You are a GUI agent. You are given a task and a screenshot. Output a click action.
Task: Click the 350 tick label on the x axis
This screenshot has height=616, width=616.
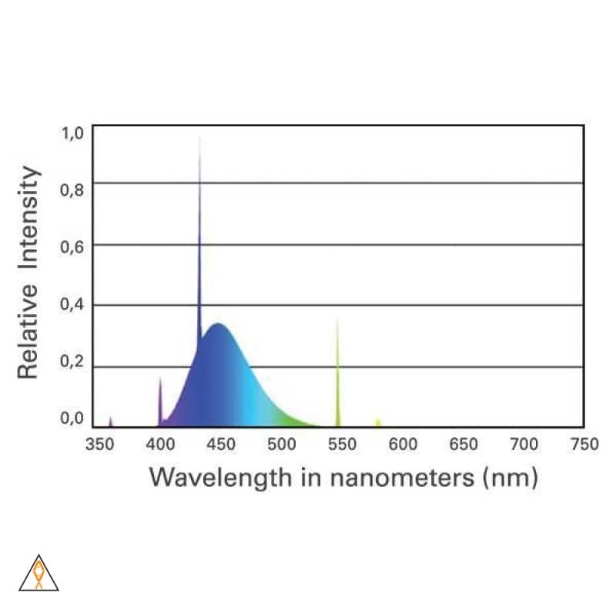(x=99, y=444)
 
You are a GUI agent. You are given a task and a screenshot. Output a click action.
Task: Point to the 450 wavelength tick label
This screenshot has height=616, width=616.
(x=220, y=444)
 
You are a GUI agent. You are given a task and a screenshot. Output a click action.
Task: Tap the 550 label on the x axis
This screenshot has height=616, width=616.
(x=341, y=444)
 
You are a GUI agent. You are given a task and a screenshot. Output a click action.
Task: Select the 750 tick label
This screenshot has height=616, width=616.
(x=584, y=444)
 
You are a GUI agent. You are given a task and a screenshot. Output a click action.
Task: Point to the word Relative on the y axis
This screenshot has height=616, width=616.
(x=28, y=332)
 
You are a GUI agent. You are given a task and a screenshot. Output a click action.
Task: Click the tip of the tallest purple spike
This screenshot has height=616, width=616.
(x=199, y=139)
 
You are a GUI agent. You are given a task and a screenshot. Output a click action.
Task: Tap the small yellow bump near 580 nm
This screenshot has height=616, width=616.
(x=377, y=421)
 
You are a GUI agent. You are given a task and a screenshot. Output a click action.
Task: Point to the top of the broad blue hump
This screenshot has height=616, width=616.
(x=219, y=324)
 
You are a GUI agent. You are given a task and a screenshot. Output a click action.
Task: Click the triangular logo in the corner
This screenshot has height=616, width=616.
(x=38, y=574)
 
